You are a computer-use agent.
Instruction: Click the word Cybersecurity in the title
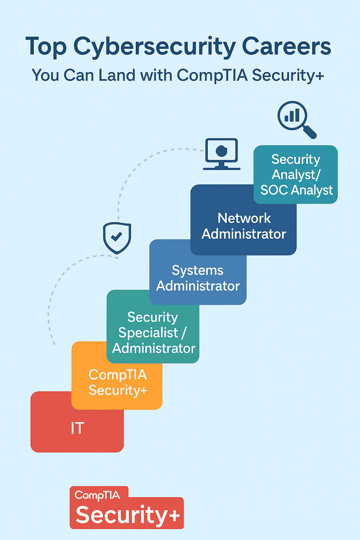click(155, 47)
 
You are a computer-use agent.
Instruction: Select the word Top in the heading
click(46, 47)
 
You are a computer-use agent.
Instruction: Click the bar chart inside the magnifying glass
click(292, 115)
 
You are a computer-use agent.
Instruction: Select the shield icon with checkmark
click(117, 238)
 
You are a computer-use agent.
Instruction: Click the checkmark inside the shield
click(117, 236)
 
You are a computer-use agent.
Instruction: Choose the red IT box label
click(77, 428)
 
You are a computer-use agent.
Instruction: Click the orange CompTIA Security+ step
click(117, 382)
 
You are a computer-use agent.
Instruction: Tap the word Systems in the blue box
click(198, 270)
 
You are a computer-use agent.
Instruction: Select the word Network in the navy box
click(244, 218)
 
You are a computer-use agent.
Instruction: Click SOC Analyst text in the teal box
click(296, 190)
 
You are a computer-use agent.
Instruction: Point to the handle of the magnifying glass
click(309, 132)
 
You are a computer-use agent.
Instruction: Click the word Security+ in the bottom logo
click(128, 515)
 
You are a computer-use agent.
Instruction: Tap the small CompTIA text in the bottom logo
click(97, 495)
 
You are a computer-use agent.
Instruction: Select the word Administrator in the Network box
click(244, 234)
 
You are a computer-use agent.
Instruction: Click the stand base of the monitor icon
click(221, 168)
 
